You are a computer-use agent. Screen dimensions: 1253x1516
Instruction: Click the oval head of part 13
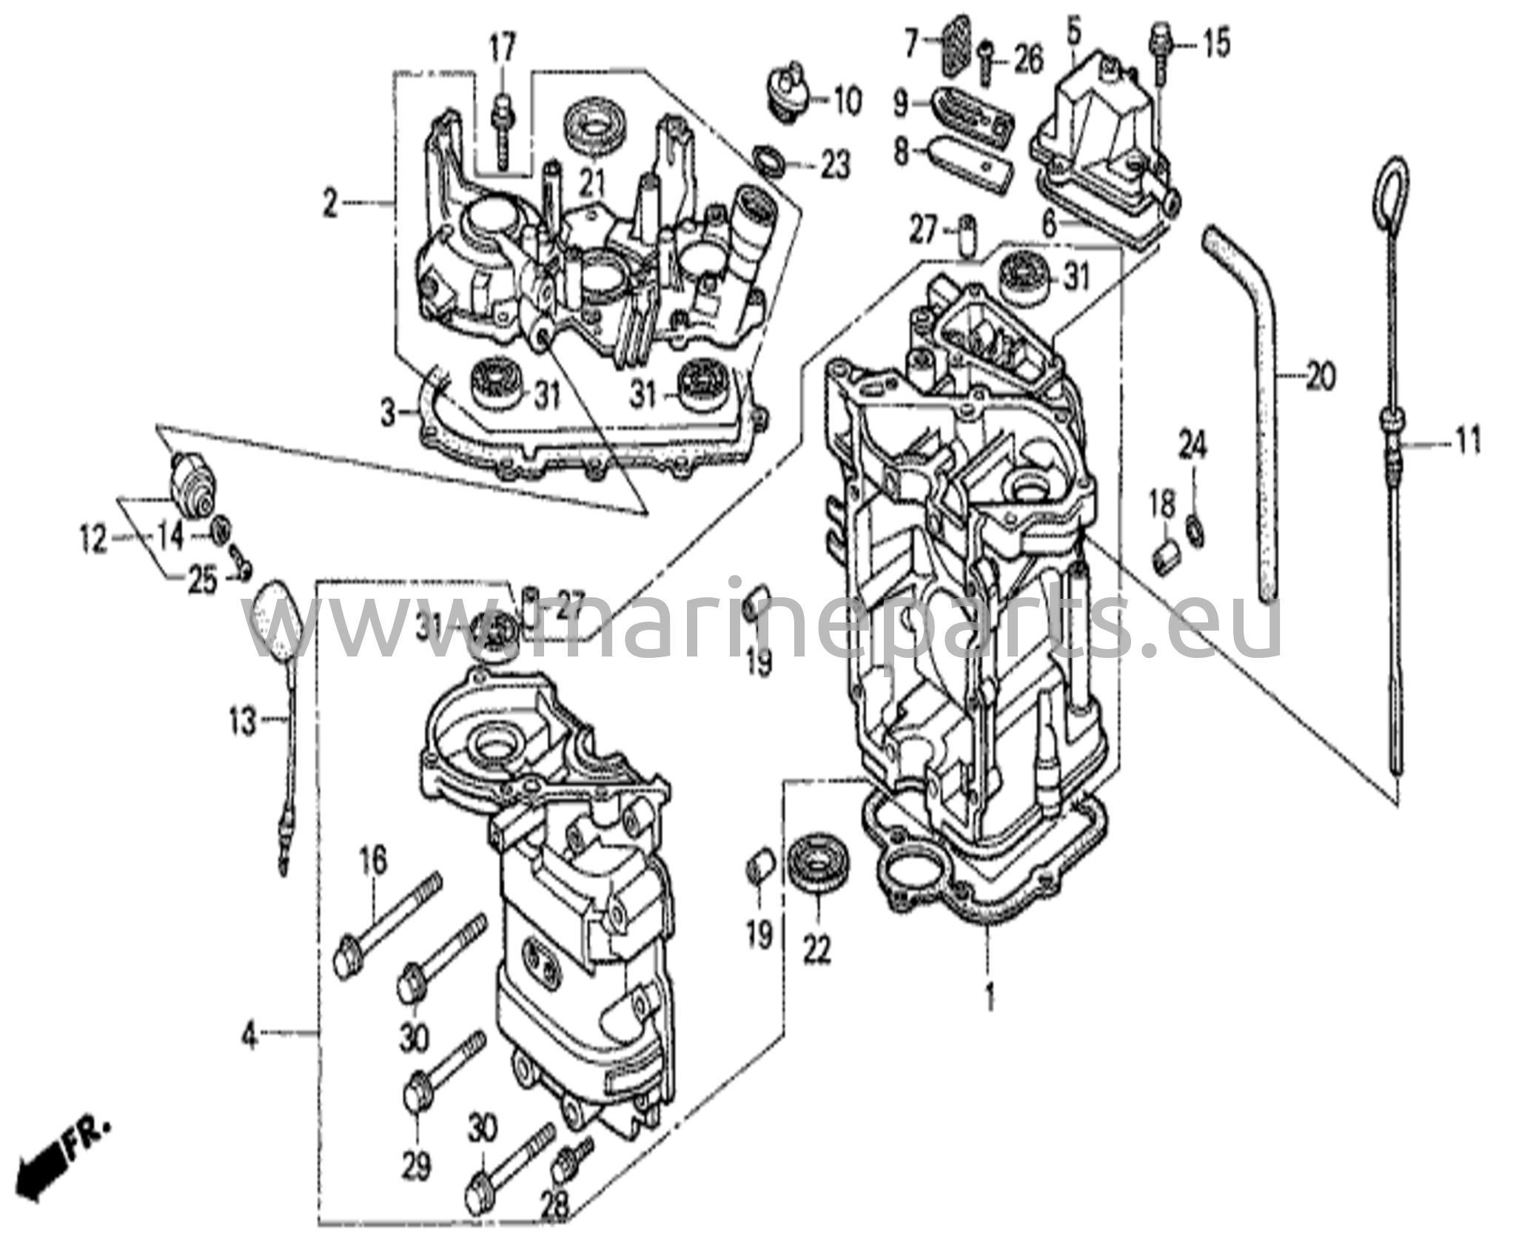click(x=275, y=619)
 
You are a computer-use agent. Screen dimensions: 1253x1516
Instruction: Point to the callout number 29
click(x=417, y=1166)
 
